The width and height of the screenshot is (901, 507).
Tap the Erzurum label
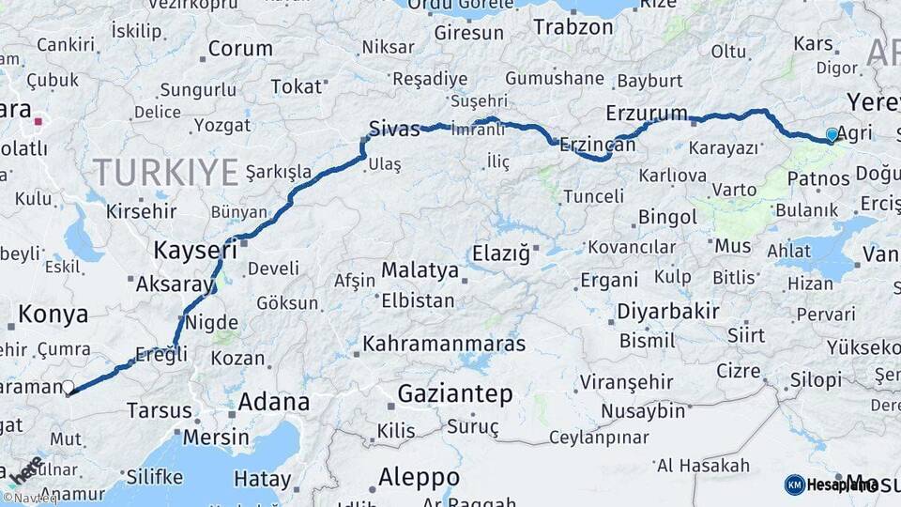[647, 113]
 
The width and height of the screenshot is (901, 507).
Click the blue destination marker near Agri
[832, 135]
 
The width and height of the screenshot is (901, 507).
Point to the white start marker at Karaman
[68, 386]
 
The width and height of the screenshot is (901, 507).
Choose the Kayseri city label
[195, 250]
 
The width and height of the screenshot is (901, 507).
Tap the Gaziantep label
[455, 393]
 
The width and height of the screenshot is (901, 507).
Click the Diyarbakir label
[668, 311]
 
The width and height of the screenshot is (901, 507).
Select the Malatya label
[420, 271]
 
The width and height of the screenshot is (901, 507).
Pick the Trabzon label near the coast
[573, 26]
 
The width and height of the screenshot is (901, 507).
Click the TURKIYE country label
[165, 172]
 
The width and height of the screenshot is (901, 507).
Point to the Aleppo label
[419, 476]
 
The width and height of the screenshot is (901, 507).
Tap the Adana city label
[273, 402]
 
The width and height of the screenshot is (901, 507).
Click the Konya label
[53, 314]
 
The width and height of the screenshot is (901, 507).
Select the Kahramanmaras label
[444, 344]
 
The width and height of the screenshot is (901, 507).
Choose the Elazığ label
[501, 253]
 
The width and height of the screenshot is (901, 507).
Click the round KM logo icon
[794, 484]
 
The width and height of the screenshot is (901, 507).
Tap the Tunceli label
[593, 196]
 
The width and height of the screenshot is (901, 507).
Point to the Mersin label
[216, 437]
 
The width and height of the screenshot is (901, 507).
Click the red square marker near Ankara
[38, 121]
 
